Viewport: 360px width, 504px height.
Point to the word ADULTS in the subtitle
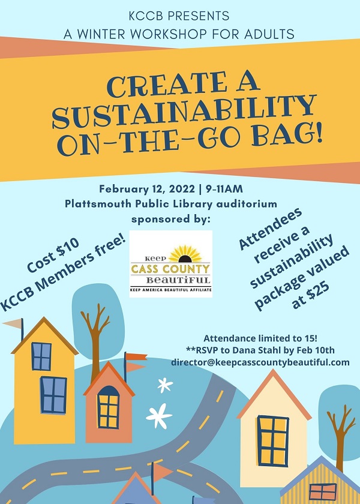269,34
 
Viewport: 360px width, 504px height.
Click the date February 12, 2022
147,188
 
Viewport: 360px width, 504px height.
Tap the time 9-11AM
224,188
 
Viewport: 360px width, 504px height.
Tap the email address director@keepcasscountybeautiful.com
260,362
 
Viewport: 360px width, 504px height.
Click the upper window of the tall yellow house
41,356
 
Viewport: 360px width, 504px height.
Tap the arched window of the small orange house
109,407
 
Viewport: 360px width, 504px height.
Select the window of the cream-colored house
273,440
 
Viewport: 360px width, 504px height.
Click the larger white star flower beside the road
159,416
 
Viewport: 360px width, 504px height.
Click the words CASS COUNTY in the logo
170,269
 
